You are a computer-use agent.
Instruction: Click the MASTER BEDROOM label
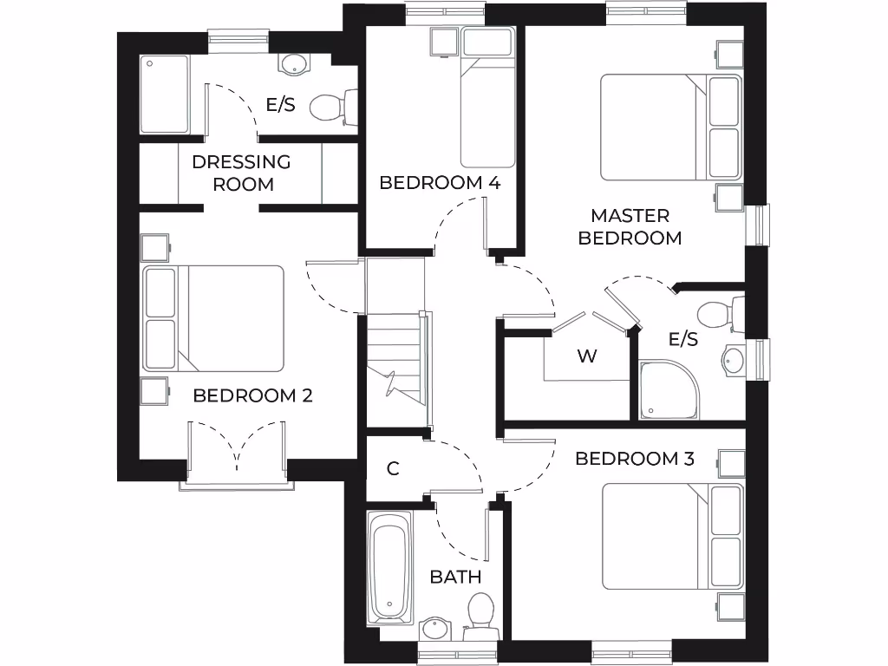pyautogui.click(x=630, y=226)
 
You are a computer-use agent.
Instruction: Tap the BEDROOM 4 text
pyautogui.click(x=440, y=183)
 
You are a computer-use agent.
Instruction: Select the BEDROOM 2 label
pyautogui.click(x=252, y=395)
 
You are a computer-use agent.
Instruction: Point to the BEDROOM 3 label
pyautogui.click(x=635, y=459)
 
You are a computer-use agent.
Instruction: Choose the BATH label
pyautogui.click(x=455, y=577)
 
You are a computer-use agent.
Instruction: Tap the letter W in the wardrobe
pyautogui.click(x=587, y=356)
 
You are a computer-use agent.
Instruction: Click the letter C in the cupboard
pyautogui.click(x=393, y=469)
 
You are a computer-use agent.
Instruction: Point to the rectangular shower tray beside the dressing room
pyautogui.click(x=165, y=95)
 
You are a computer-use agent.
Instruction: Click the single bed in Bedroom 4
pyautogui.click(x=487, y=97)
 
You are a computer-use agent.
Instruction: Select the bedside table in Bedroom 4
pyautogui.click(x=443, y=41)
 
